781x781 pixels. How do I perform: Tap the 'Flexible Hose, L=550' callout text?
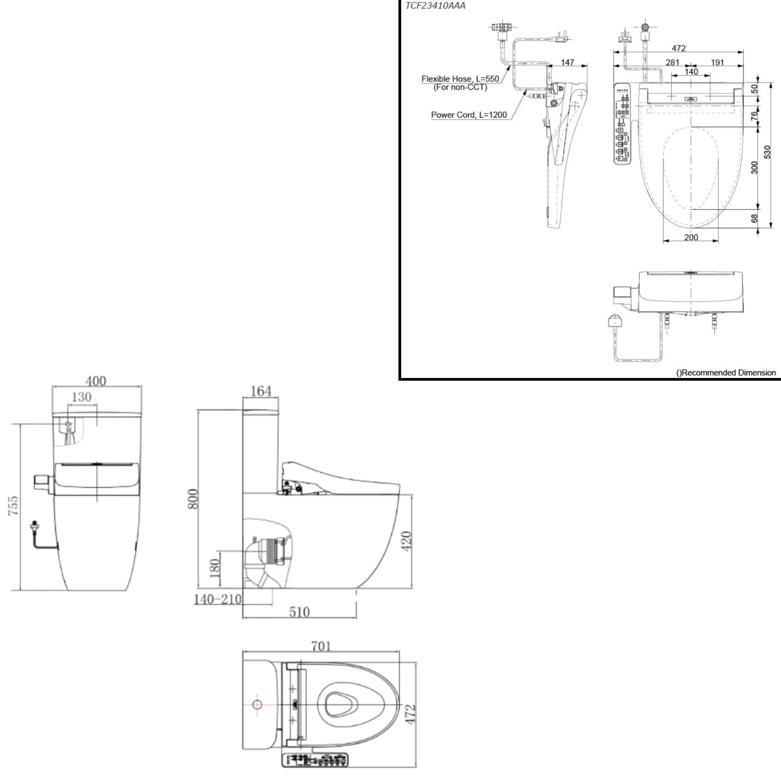tap(460, 79)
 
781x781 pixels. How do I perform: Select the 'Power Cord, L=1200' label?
tap(469, 115)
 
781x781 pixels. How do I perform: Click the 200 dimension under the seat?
tap(691, 237)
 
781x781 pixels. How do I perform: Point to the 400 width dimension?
tap(96, 381)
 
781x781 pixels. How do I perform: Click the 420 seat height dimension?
tap(407, 541)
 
